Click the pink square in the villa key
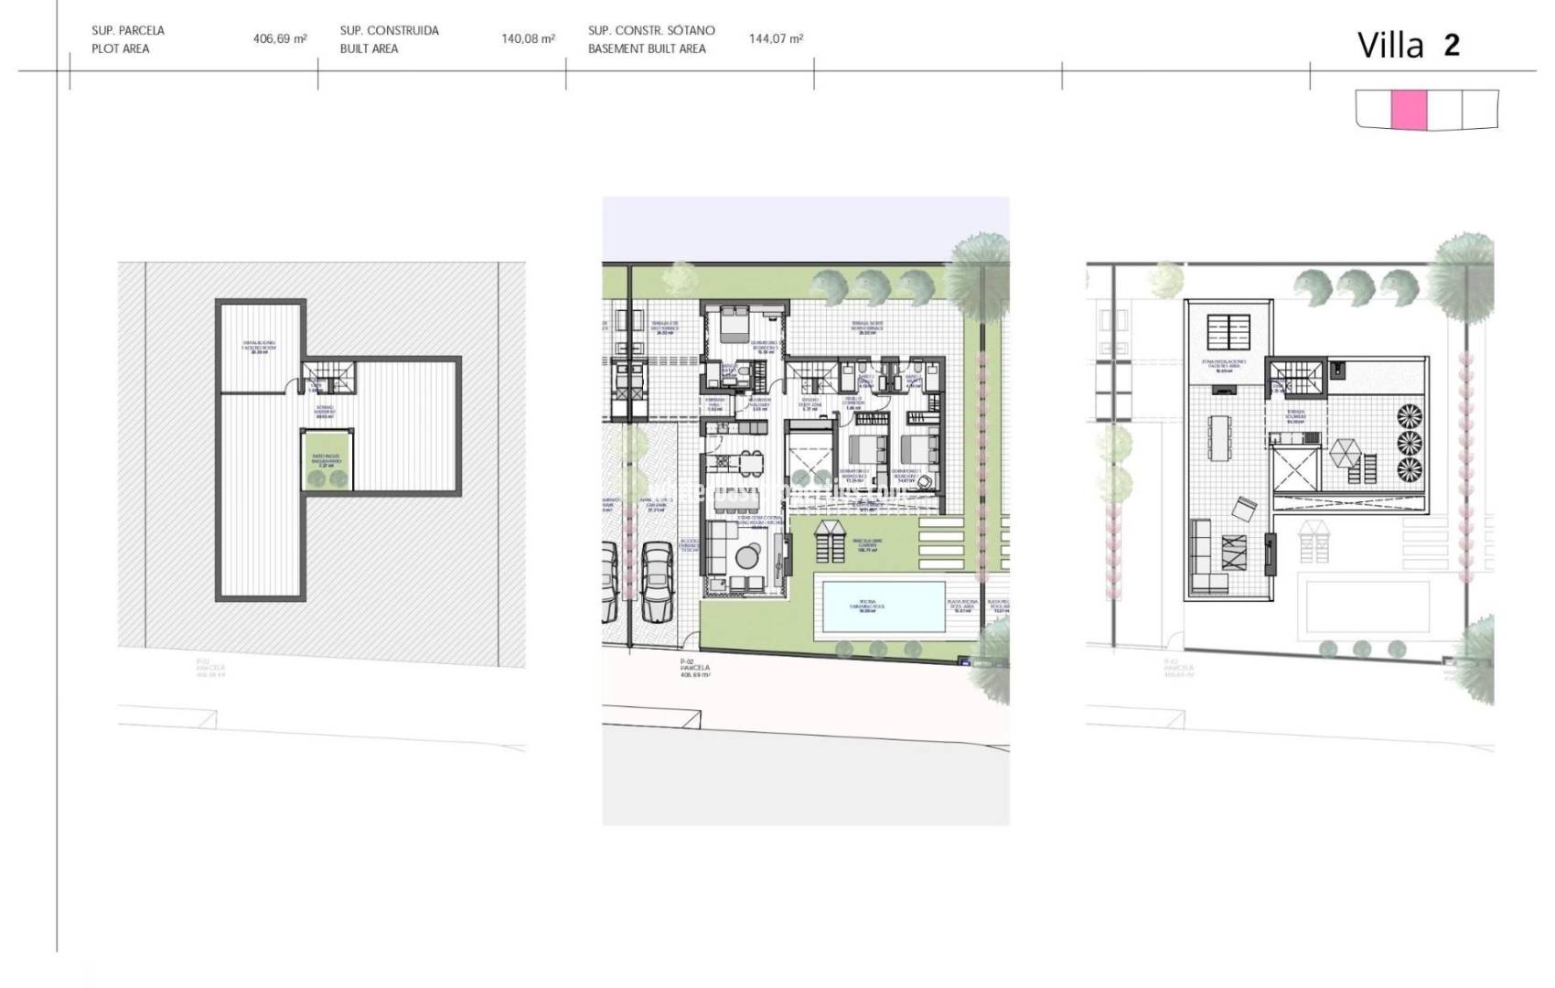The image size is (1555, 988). pyautogui.click(x=1409, y=110)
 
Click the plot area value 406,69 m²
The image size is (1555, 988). pyautogui.click(x=280, y=39)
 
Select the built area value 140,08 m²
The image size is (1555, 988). pyautogui.click(x=528, y=39)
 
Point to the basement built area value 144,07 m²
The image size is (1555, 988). pyautogui.click(x=776, y=39)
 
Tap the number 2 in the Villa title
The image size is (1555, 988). pyautogui.click(x=1452, y=45)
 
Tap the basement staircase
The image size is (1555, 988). pyautogui.click(x=327, y=375)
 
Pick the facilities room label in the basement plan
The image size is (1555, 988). pyautogui.click(x=259, y=346)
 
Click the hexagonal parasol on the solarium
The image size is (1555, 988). pyautogui.click(x=1346, y=452)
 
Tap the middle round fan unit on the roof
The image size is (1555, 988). pyautogui.click(x=1410, y=444)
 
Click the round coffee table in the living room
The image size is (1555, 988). pyautogui.click(x=748, y=556)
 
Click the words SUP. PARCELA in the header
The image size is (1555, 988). pyautogui.click(x=128, y=30)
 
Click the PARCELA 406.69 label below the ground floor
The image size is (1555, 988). pyautogui.click(x=695, y=669)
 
